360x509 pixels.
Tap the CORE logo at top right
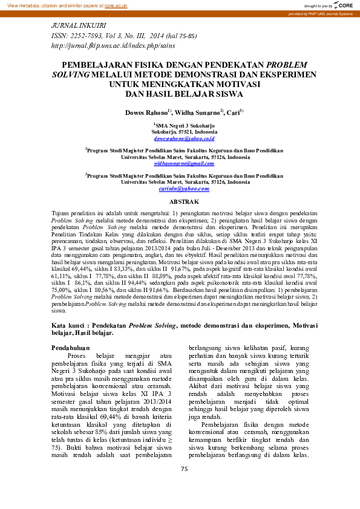(344, 5)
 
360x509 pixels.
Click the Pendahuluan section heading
(71, 348)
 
